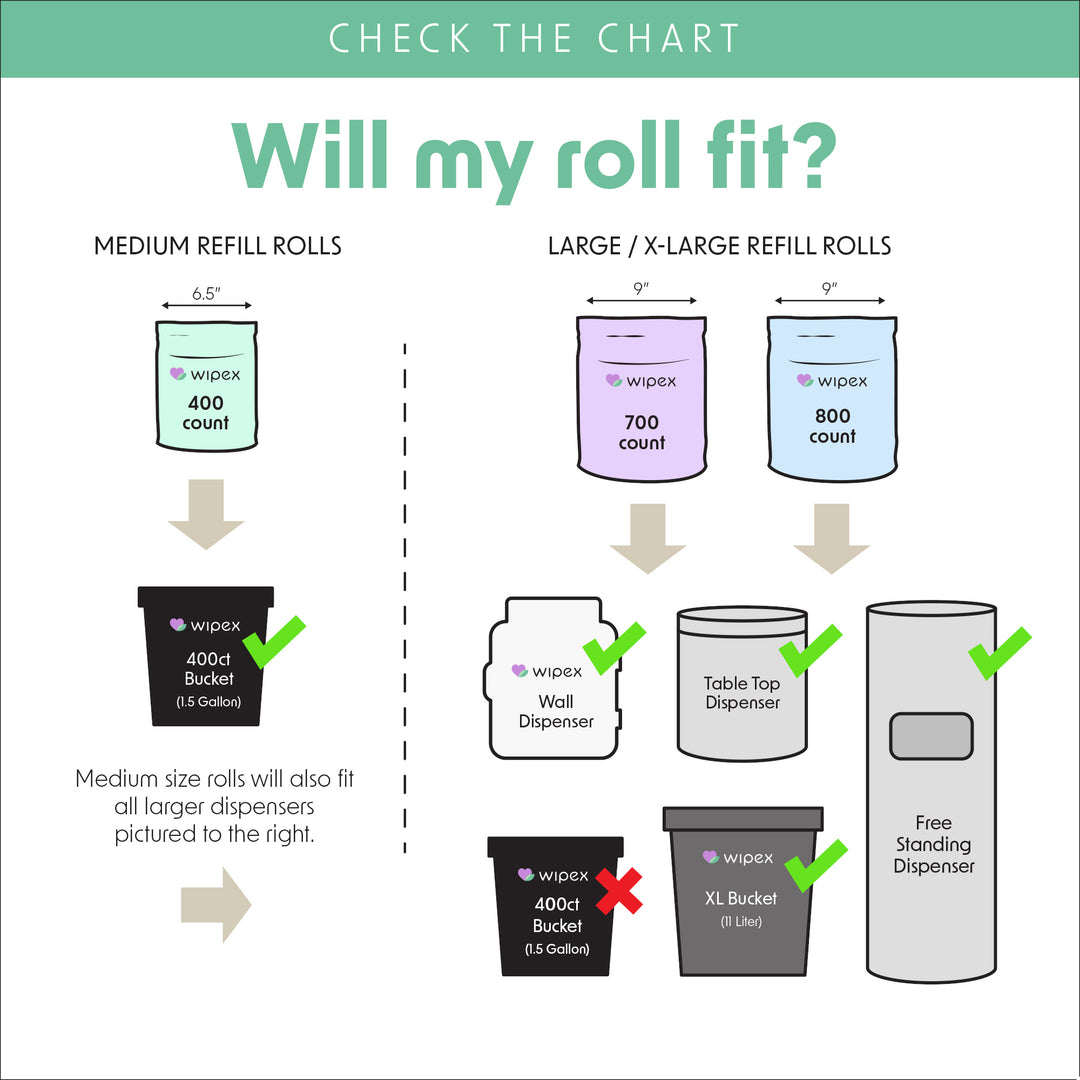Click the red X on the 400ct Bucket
click(619, 890)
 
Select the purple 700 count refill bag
click(642, 400)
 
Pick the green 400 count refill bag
click(206, 384)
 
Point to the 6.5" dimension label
click(207, 295)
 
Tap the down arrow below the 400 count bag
click(206, 514)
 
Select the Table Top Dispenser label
click(742, 693)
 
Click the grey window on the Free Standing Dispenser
click(931, 737)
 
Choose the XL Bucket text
click(741, 898)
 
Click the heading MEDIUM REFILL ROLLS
click(218, 246)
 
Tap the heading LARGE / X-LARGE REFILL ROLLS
click(719, 246)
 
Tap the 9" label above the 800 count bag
click(829, 289)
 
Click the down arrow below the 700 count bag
click(648, 538)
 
